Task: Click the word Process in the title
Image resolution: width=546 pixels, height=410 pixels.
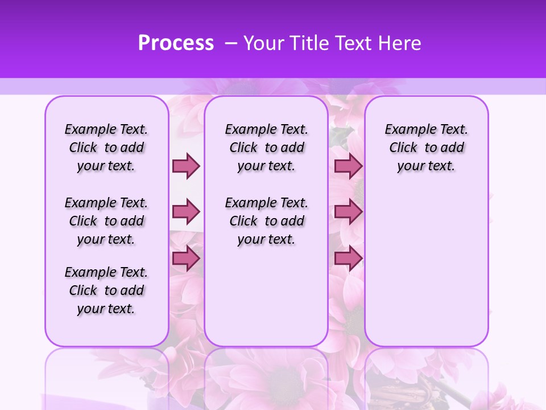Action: (176, 43)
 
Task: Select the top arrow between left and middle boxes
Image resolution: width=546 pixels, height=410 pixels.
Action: (186, 166)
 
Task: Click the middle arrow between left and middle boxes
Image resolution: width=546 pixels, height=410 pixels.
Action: (186, 212)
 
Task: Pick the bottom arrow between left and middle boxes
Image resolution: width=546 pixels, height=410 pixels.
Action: (186, 259)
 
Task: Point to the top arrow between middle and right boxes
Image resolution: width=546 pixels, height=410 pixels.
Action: (348, 166)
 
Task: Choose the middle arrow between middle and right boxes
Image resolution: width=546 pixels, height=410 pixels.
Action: (348, 212)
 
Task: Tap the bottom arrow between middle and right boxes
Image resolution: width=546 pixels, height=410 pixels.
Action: (348, 259)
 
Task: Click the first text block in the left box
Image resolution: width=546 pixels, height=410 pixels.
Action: (106, 147)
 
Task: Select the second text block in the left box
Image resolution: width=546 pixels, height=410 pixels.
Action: (106, 221)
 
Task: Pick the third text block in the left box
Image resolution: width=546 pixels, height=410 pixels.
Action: (106, 290)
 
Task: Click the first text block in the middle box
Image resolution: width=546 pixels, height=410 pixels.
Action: (266, 147)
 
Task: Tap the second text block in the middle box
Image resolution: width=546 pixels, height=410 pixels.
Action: (266, 221)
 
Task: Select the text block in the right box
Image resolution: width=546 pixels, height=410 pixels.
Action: (426, 147)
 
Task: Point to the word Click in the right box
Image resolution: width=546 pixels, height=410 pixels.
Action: (403, 148)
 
